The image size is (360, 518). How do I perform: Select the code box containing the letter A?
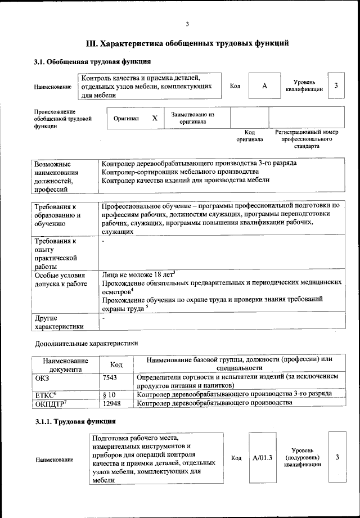pos(264,86)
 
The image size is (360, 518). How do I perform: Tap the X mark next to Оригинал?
pos(155,119)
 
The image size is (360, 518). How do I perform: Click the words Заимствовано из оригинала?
pos(193,118)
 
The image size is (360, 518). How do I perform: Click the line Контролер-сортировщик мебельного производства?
pos(180,172)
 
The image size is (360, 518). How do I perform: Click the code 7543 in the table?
pos(110,377)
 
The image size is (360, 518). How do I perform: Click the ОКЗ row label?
pos(42,377)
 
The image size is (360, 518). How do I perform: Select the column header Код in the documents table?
pos(116,364)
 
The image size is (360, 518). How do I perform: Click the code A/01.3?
pos(262,458)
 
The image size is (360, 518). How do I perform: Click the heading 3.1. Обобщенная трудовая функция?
pos(92,62)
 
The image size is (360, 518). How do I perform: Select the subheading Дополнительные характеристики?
pos(86,343)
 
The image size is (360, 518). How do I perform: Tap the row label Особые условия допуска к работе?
pos(61,280)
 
